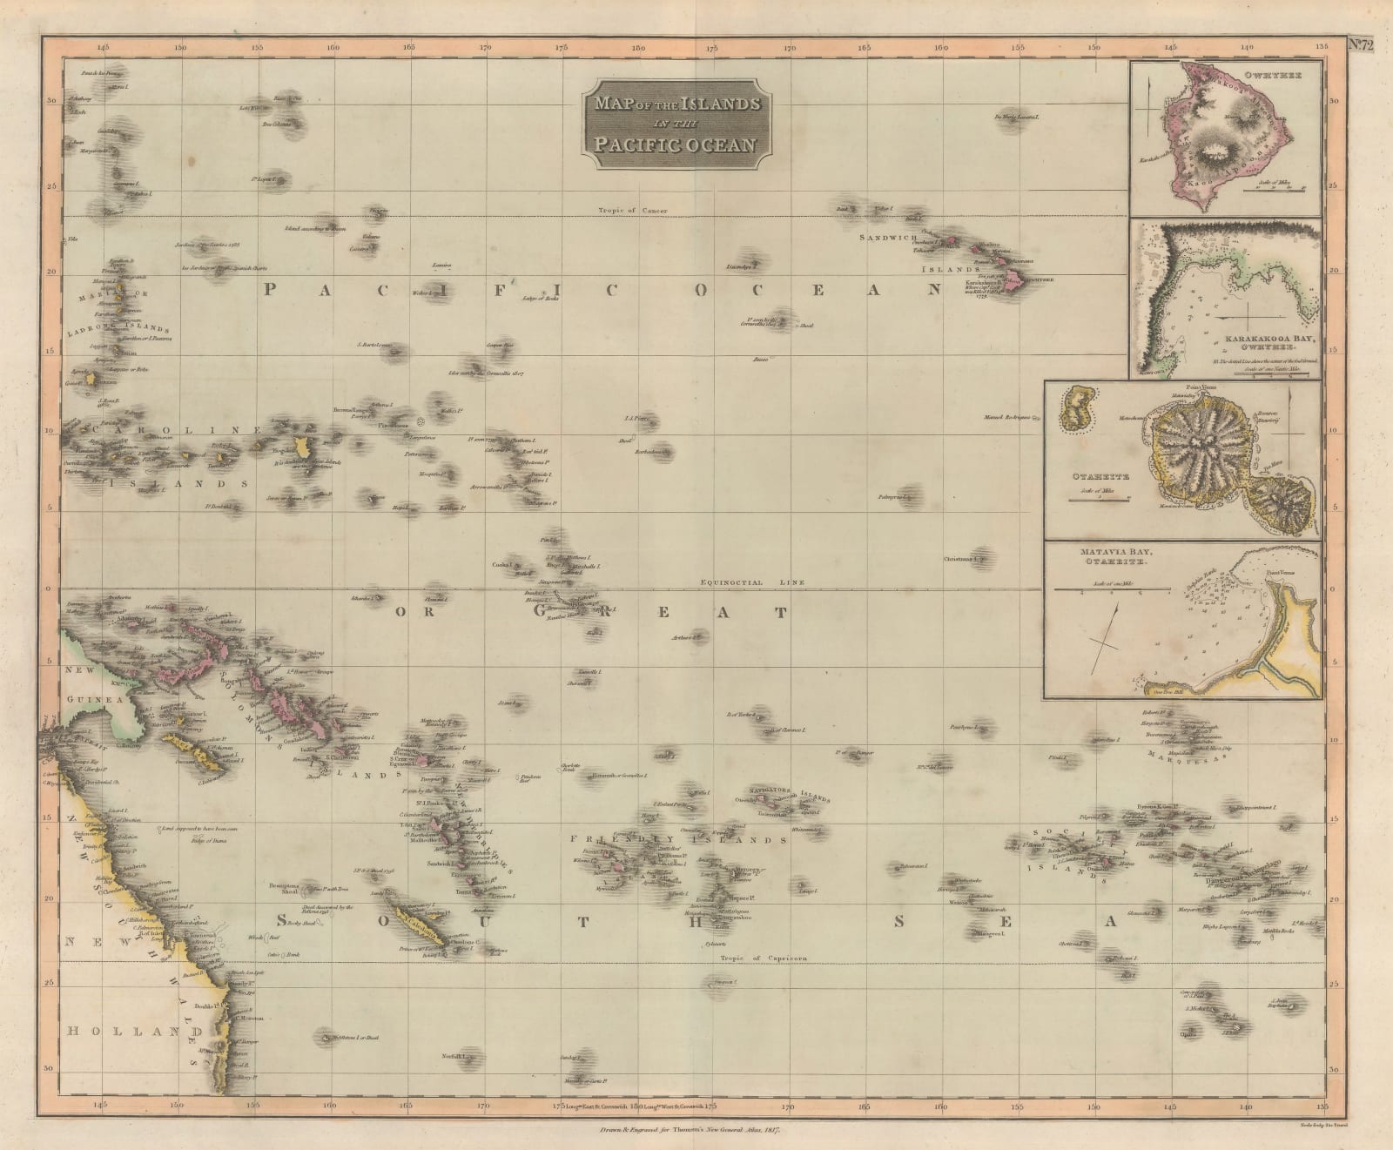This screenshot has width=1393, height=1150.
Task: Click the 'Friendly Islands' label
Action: (x=678, y=840)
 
